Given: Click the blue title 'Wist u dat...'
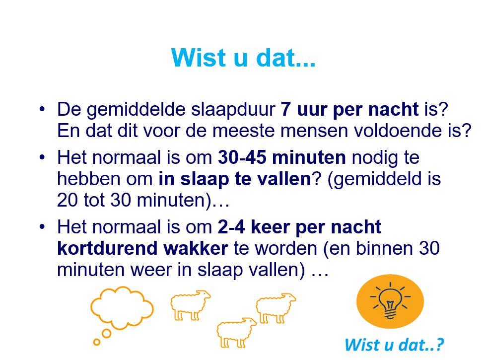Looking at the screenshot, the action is click(243, 58).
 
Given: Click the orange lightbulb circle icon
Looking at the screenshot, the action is click(390, 301).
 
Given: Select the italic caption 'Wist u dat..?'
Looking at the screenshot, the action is click(394, 345).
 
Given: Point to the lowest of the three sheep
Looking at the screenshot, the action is click(236, 332).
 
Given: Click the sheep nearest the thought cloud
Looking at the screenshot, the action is click(190, 304).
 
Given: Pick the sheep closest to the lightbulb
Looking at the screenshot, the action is click(276, 307).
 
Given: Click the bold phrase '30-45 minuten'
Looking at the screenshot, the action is click(282, 157).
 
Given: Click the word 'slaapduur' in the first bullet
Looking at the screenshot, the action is click(233, 110).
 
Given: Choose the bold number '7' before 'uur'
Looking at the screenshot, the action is click(286, 109).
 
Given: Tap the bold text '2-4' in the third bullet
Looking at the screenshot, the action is click(231, 227).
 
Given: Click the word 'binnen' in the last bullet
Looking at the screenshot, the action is click(384, 248).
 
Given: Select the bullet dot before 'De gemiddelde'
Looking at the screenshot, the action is click(42, 109).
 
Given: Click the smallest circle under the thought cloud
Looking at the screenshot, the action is click(97, 342).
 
